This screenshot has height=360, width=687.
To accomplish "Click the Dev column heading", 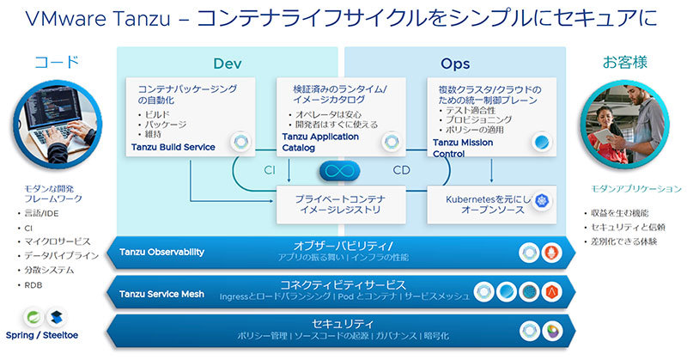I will point(228,64).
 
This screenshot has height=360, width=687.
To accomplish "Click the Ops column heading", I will point(455,64).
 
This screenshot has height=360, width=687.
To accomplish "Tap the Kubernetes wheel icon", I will point(543,201).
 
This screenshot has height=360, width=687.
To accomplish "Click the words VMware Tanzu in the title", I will point(86,18).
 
